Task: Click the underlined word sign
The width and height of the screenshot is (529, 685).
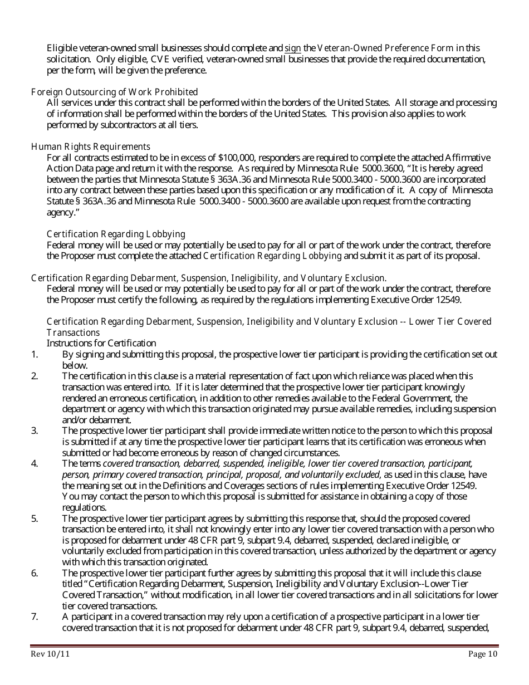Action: pyautogui.click(x=292, y=48)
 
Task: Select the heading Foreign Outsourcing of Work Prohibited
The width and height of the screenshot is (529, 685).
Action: pyautogui.click(x=114, y=92)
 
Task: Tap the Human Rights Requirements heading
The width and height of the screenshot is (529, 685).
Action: pyautogui.click(x=90, y=146)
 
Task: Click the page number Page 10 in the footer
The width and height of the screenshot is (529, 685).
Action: pyautogui.click(x=483, y=654)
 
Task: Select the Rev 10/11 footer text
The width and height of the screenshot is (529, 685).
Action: pyautogui.click(x=50, y=654)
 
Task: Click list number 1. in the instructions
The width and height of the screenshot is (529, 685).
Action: pyautogui.click(x=34, y=354)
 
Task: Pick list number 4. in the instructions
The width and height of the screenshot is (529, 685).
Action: pyautogui.click(x=35, y=463)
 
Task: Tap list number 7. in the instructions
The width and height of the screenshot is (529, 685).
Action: pyautogui.click(x=35, y=616)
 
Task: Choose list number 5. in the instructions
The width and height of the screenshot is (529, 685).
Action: pyautogui.click(x=35, y=518)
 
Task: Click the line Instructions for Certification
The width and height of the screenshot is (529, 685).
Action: pyautogui.click(x=101, y=343)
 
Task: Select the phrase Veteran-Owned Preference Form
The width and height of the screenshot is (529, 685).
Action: pyautogui.click(x=381, y=48)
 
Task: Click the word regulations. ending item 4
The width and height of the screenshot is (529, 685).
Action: pyautogui.click(x=84, y=507)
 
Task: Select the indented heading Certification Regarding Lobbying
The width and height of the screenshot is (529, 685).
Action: pyautogui.click(x=116, y=234)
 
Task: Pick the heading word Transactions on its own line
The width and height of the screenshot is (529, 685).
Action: pyautogui.click(x=73, y=332)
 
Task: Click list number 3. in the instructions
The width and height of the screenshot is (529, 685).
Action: pyautogui.click(x=35, y=430)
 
